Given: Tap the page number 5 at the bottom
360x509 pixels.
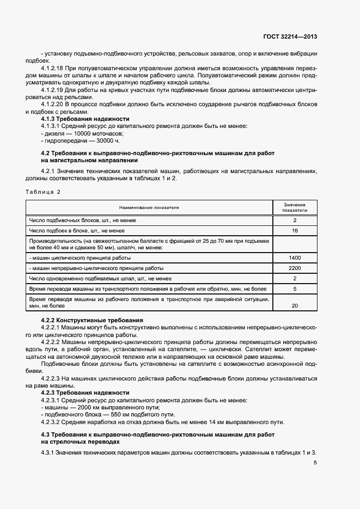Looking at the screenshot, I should point(315,463).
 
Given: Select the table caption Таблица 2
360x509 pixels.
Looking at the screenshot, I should point(43,192).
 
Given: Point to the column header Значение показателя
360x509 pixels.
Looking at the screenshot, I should point(295,207).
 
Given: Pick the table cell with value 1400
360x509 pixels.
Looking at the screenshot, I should point(295,256).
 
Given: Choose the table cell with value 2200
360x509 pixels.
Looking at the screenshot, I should point(295,268).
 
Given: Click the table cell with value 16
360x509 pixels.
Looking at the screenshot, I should point(295,231).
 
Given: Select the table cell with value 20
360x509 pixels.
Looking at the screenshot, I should point(295,306).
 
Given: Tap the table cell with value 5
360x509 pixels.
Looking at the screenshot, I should point(295,289).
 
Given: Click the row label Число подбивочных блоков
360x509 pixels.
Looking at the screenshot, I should point(82,220).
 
